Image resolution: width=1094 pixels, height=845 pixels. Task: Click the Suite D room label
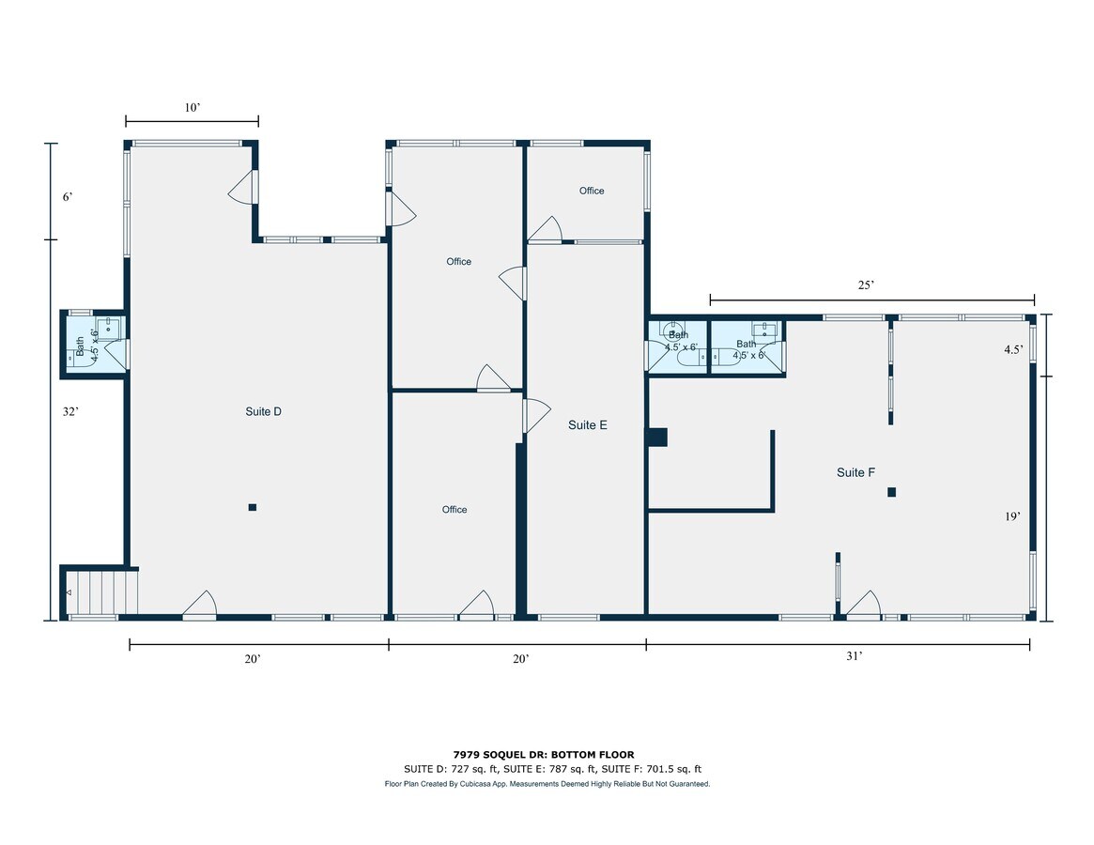click(263, 411)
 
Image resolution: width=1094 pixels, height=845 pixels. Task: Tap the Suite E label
click(588, 425)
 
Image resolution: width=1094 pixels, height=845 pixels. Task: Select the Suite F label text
click(855, 472)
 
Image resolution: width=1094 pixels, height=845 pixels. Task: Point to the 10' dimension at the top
click(193, 107)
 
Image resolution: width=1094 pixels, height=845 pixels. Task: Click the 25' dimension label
click(866, 284)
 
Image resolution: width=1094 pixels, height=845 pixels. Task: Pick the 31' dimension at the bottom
click(855, 656)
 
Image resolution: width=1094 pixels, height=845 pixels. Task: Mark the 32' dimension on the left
click(70, 411)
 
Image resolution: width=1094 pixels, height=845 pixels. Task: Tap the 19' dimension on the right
click(1012, 516)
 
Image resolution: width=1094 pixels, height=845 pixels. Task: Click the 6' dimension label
click(68, 197)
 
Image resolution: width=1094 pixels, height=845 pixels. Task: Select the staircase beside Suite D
click(102, 591)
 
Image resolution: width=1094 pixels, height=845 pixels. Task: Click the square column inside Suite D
click(253, 507)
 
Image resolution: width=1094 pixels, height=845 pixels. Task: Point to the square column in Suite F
click(892, 492)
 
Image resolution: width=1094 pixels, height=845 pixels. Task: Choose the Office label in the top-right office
click(592, 191)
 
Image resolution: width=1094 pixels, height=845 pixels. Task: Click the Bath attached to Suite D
click(95, 344)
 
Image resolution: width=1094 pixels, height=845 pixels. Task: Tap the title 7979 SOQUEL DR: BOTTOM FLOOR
click(545, 754)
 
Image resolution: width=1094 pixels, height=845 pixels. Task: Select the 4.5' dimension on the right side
click(1014, 349)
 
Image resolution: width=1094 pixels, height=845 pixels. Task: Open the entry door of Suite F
click(864, 605)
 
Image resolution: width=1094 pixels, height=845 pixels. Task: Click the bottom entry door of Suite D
click(199, 605)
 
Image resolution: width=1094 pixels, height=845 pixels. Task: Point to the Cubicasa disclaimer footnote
click(547, 784)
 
